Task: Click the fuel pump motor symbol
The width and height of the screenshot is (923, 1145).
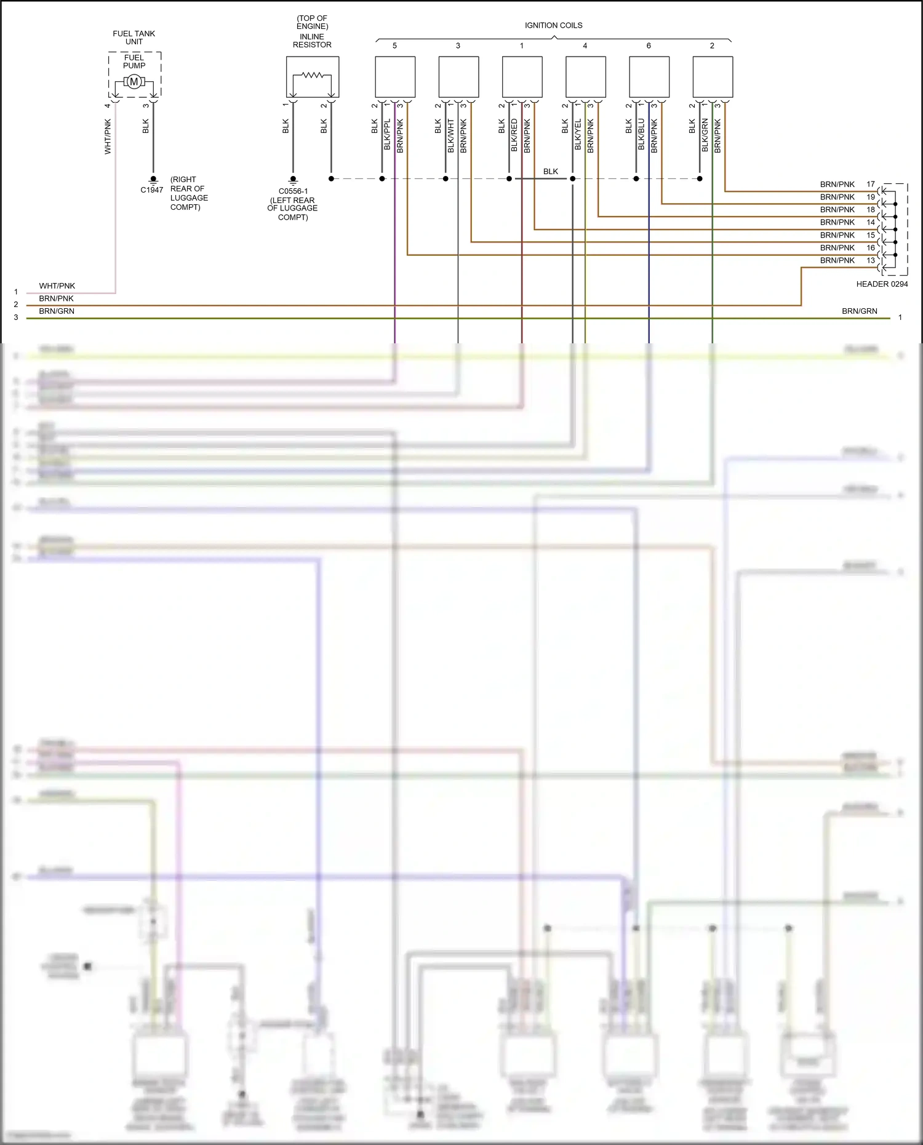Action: [x=134, y=82]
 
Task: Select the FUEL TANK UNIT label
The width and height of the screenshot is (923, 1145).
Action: [x=134, y=38]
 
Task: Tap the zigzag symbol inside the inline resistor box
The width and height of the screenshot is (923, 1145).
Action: [x=313, y=75]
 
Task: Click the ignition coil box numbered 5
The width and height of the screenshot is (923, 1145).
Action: [x=395, y=77]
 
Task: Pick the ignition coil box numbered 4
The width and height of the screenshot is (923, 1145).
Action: [x=585, y=77]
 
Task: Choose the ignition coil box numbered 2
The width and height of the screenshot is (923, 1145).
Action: [x=713, y=77]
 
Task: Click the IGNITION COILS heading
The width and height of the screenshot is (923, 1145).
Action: [x=553, y=25]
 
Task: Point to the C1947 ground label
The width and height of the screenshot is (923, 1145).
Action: [x=152, y=190]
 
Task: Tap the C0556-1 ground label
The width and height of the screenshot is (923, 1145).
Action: [x=293, y=191]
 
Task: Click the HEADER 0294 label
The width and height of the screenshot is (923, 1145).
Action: [x=882, y=284]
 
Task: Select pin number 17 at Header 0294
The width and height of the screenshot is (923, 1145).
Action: [x=871, y=184]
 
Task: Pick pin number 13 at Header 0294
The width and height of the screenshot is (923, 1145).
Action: [x=871, y=260]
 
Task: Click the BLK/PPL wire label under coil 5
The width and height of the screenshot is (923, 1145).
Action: [x=387, y=135]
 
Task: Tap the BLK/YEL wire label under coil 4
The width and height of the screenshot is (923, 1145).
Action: [x=578, y=135]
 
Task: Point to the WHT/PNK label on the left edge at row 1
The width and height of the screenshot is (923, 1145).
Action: [x=57, y=285]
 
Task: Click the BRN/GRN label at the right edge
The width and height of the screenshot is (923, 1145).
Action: [x=859, y=311]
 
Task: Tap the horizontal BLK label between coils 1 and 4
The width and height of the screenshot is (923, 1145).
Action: [x=551, y=172]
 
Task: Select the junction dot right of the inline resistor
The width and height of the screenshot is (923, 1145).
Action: [x=331, y=178]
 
